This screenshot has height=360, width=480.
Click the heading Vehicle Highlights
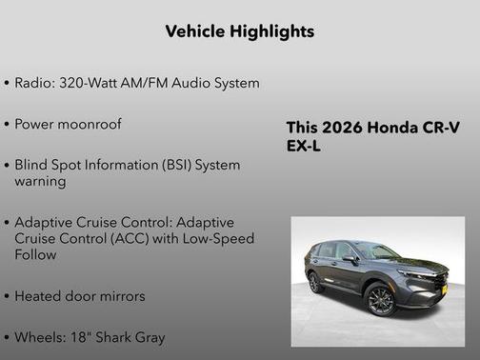239,31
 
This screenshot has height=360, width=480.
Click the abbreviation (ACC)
140,238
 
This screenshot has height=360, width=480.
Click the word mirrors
120,295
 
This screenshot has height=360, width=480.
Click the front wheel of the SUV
380,300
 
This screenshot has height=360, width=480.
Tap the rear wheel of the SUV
315,282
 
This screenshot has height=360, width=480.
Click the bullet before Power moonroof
7,124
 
